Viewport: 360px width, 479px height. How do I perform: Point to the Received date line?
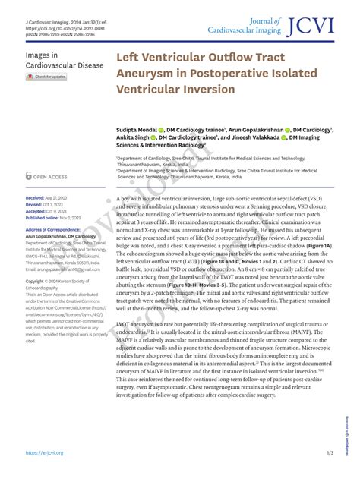click(x=45, y=197)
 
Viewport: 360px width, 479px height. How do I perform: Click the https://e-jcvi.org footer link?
click(x=43, y=453)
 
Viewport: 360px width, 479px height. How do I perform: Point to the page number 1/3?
click(x=328, y=453)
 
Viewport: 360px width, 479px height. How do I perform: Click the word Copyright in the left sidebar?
click(x=37, y=281)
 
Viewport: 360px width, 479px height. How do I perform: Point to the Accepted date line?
click(x=46, y=210)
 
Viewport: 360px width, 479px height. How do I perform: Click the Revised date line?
click(x=43, y=204)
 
